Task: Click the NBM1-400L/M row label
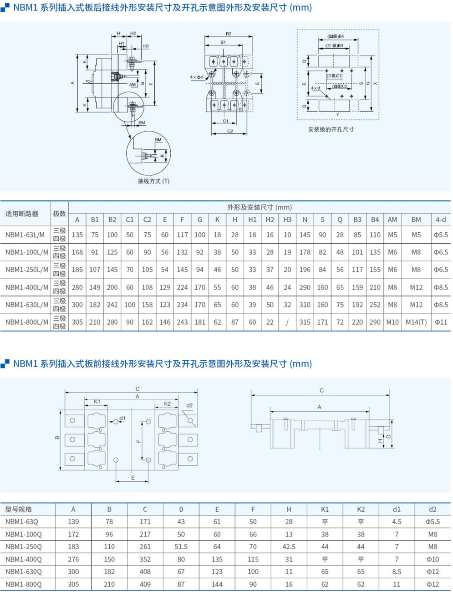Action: (x=26, y=287)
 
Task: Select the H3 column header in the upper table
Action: (x=287, y=219)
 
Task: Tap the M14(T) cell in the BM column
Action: (x=416, y=322)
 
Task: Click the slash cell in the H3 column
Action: (x=287, y=322)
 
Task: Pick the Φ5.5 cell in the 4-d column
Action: (x=440, y=235)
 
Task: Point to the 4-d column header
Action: (x=440, y=219)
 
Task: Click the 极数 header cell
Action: (x=60, y=214)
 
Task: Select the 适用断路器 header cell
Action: (x=22, y=214)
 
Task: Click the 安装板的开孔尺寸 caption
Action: (x=331, y=129)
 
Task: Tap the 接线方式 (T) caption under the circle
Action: (x=153, y=181)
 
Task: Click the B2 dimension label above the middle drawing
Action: (x=229, y=34)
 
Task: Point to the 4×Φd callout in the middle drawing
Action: (x=197, y=77)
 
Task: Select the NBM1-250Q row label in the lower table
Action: (x=23, y=546)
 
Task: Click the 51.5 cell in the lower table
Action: (x=181, y=546)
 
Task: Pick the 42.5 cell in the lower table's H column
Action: (x=289, y=546)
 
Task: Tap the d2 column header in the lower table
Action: (x=432, y=509)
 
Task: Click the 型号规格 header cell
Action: (x=19, y=509)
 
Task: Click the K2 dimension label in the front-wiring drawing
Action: (x=167, y=403)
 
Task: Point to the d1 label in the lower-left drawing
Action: (x=122, y=418)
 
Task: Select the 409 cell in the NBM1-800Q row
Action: (x=145, y=584)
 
